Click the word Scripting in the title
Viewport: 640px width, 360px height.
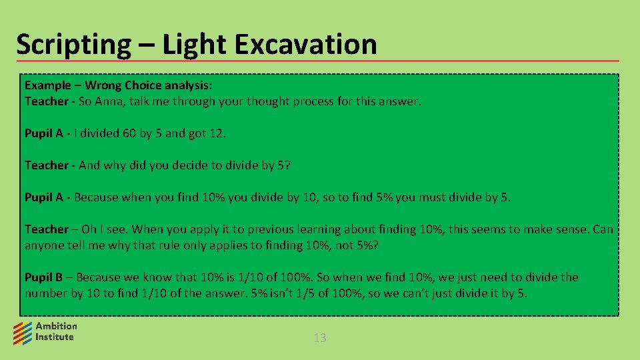[73, 45]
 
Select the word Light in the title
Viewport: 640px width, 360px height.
[193, 45]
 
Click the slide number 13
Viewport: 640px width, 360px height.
[320, 338]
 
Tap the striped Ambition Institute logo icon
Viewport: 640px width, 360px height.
[23, 331]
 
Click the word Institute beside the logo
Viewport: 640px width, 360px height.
[55, 337]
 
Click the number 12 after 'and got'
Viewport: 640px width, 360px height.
[217, 133]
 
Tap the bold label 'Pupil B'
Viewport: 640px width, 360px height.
[43, 277]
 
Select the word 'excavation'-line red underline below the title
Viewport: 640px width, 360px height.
[317, 61]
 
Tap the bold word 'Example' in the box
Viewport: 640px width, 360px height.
[47, 85]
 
